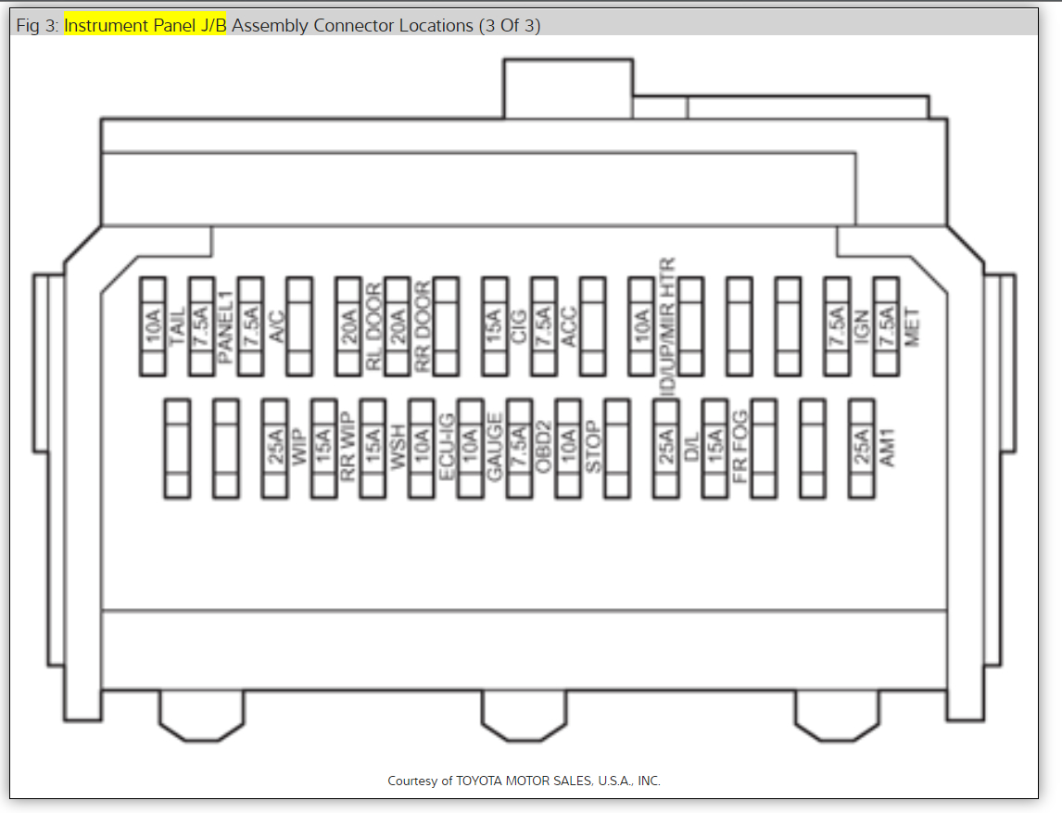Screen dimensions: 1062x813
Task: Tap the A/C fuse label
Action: (276, 326)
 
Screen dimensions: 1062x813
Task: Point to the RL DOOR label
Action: (374, 326)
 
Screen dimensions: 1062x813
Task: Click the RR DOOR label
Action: (424, 326)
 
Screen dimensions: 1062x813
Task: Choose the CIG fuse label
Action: (520, 326)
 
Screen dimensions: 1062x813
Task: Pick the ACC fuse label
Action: (570, 326)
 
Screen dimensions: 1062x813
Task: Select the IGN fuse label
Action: (862, 326)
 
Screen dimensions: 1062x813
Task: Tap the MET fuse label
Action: (912, 326)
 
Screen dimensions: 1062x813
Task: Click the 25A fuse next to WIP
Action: (275, 450)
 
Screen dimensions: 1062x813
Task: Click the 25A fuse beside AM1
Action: (862, 450)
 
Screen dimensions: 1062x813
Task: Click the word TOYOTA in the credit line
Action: (478, 781)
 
